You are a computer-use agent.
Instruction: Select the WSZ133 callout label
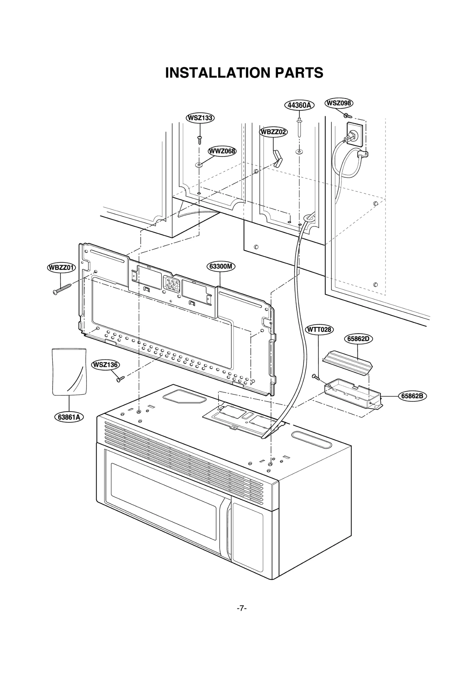(200, 118)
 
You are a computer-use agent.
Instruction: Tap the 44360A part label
(299, 105)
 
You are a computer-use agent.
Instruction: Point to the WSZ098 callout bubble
(339, 103)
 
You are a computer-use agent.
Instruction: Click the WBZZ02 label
(273, 132)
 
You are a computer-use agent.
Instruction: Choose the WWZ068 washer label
(222, 151)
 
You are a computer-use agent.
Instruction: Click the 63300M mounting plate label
(220, 266)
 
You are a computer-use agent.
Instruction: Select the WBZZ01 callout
(61, 267)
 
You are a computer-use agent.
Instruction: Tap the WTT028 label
(319, 330)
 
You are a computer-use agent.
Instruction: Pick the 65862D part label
(358, 339)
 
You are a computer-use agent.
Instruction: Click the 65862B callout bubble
(412, 396)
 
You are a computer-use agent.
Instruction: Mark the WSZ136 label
(105, 364)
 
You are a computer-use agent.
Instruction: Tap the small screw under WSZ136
(120, 379)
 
